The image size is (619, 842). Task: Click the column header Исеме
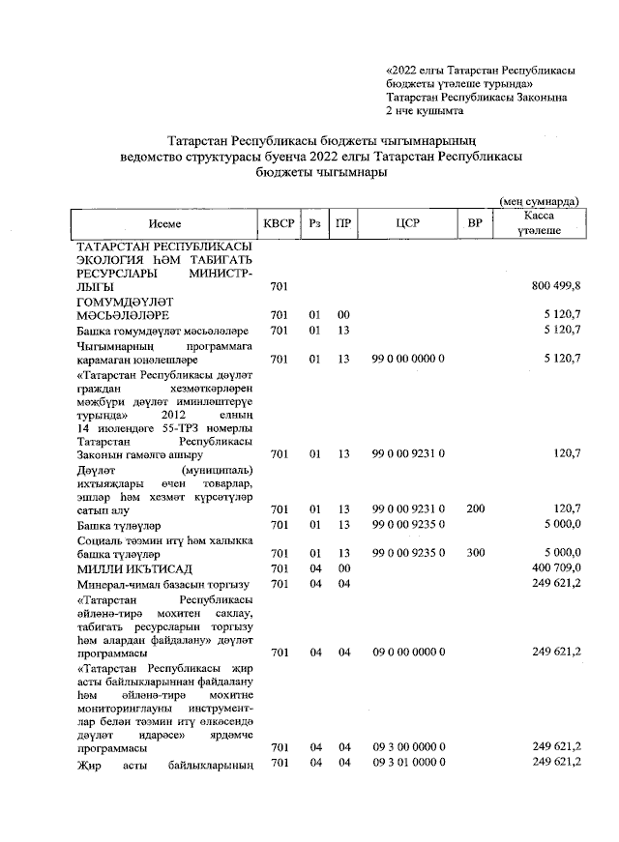(165, 223)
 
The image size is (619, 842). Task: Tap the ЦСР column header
(405, 223)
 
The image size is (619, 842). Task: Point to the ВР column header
(474, 223)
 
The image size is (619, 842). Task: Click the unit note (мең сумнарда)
(539, 200)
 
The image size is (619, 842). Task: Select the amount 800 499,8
(556, 287)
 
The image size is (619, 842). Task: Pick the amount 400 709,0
(556, 568)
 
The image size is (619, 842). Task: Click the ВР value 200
(474, 509)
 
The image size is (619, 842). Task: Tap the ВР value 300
(474, 555)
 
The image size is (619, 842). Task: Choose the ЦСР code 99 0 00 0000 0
(408, 359)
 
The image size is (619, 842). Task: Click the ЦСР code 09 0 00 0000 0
(408, 653)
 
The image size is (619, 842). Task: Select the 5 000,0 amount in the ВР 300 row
(560, 555)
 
